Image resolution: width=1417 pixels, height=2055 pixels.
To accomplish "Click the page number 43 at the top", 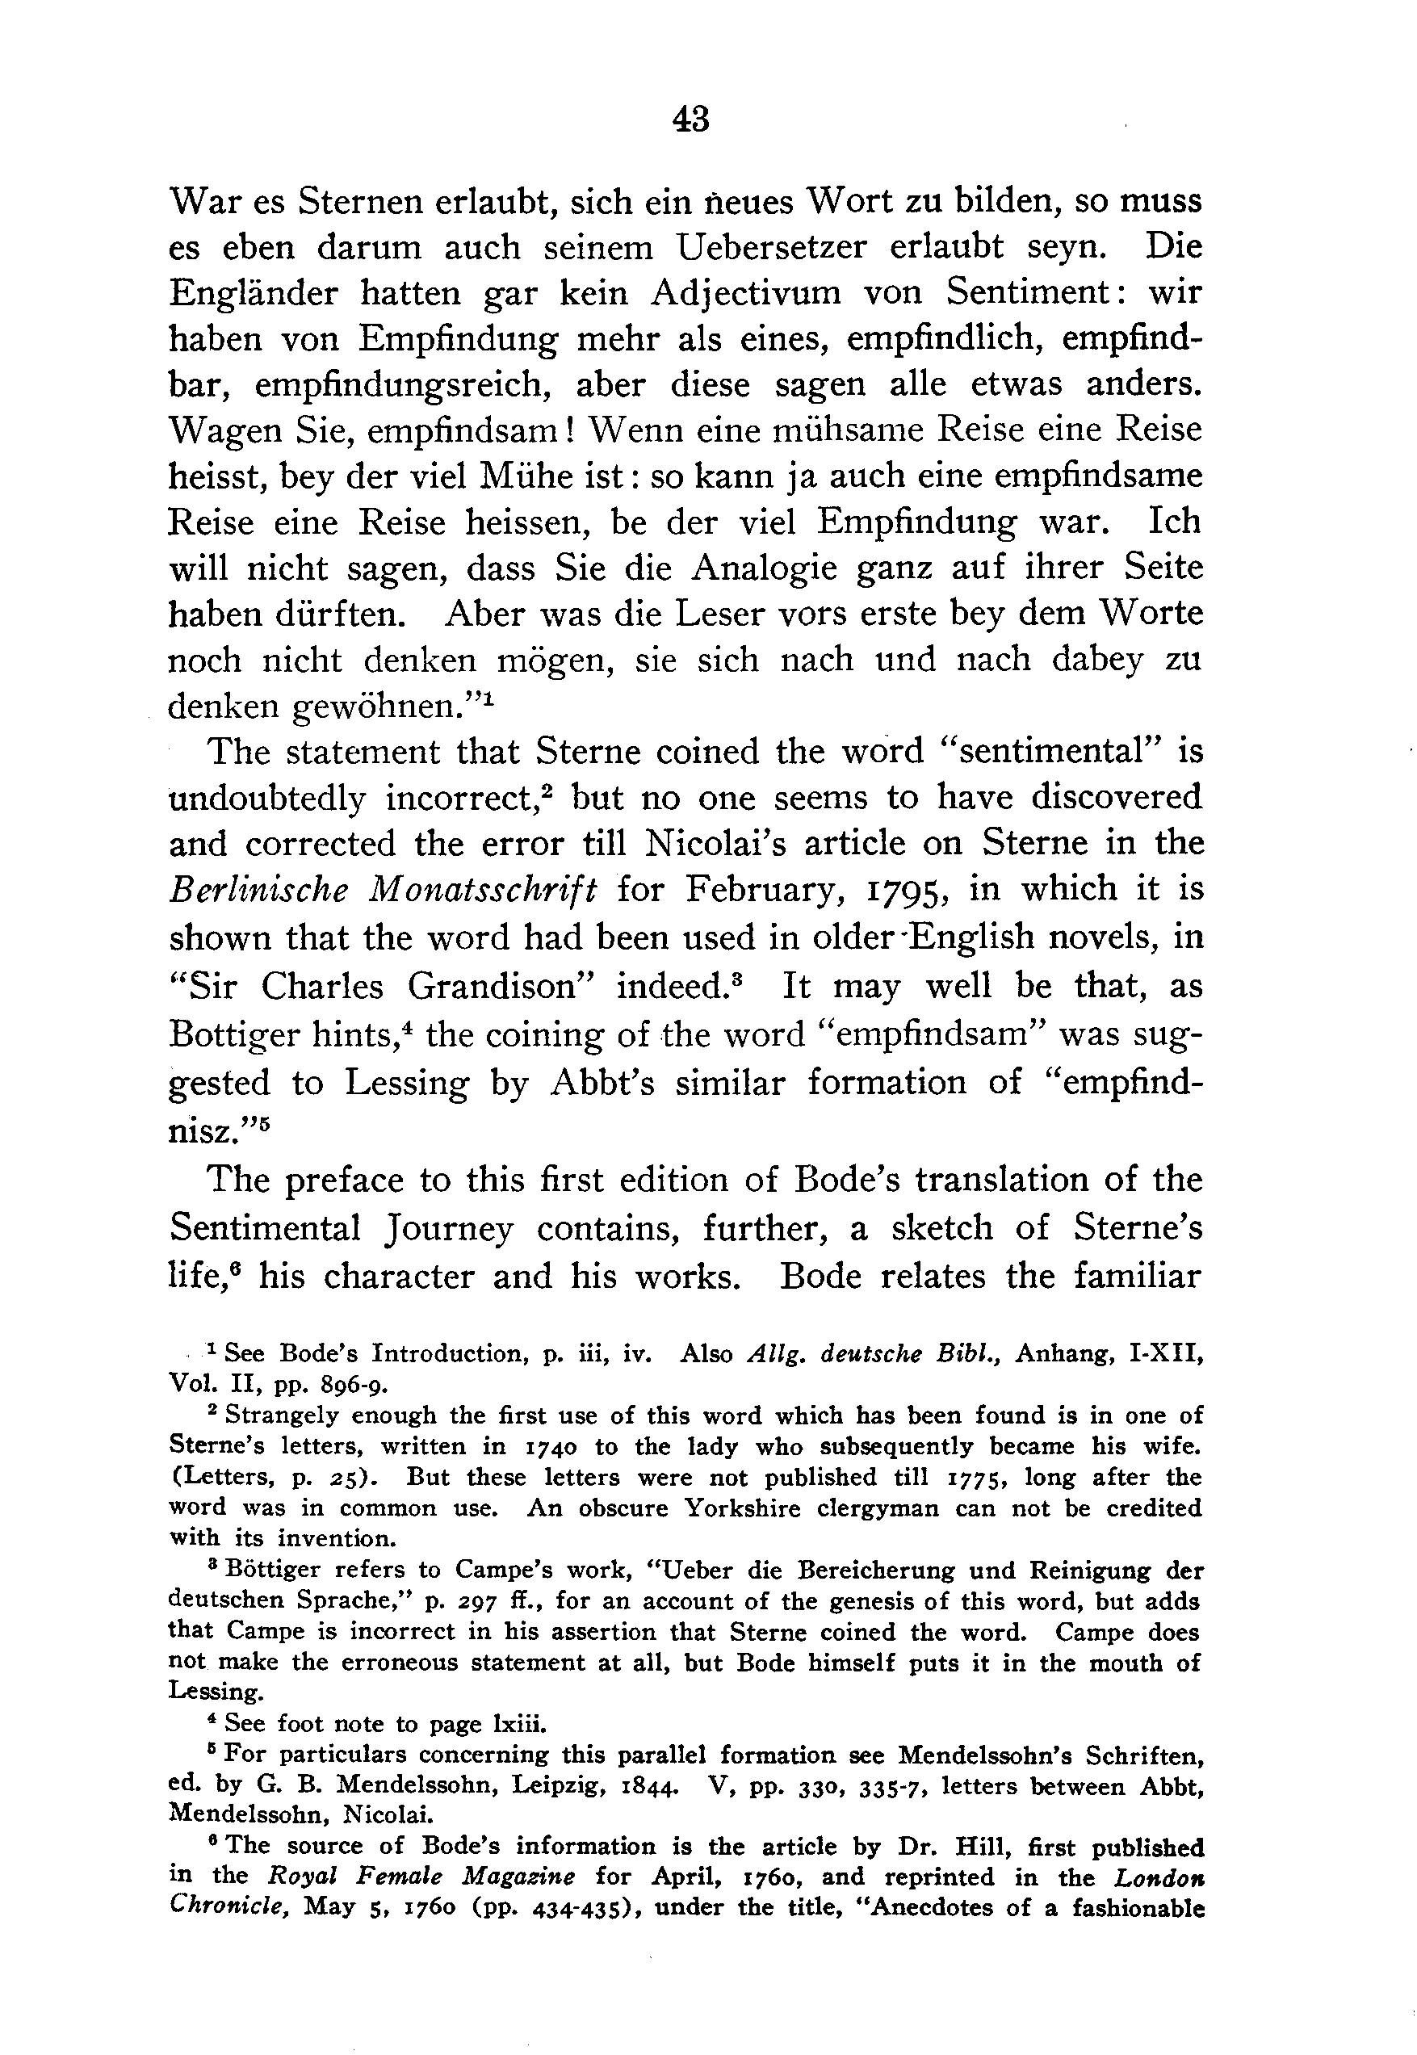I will coord(692,118).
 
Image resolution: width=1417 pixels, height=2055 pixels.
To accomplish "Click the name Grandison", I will coord(501,986).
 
